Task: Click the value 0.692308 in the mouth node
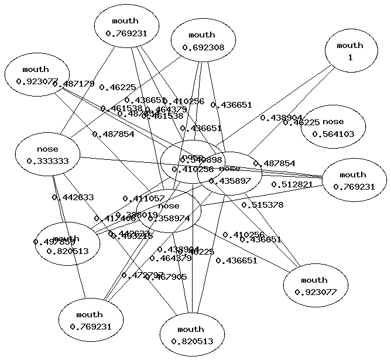203,47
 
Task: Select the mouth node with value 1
350,52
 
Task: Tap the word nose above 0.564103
333,122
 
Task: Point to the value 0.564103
333,134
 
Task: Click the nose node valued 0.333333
47,155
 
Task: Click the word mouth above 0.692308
203,35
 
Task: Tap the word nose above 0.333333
47,149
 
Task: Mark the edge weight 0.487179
73,84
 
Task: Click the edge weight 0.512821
291,184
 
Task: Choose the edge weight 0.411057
143,198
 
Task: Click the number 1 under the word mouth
350,58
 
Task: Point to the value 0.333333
47,162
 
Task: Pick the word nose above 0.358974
169,206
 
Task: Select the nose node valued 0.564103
333,128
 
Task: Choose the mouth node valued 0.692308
203,42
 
